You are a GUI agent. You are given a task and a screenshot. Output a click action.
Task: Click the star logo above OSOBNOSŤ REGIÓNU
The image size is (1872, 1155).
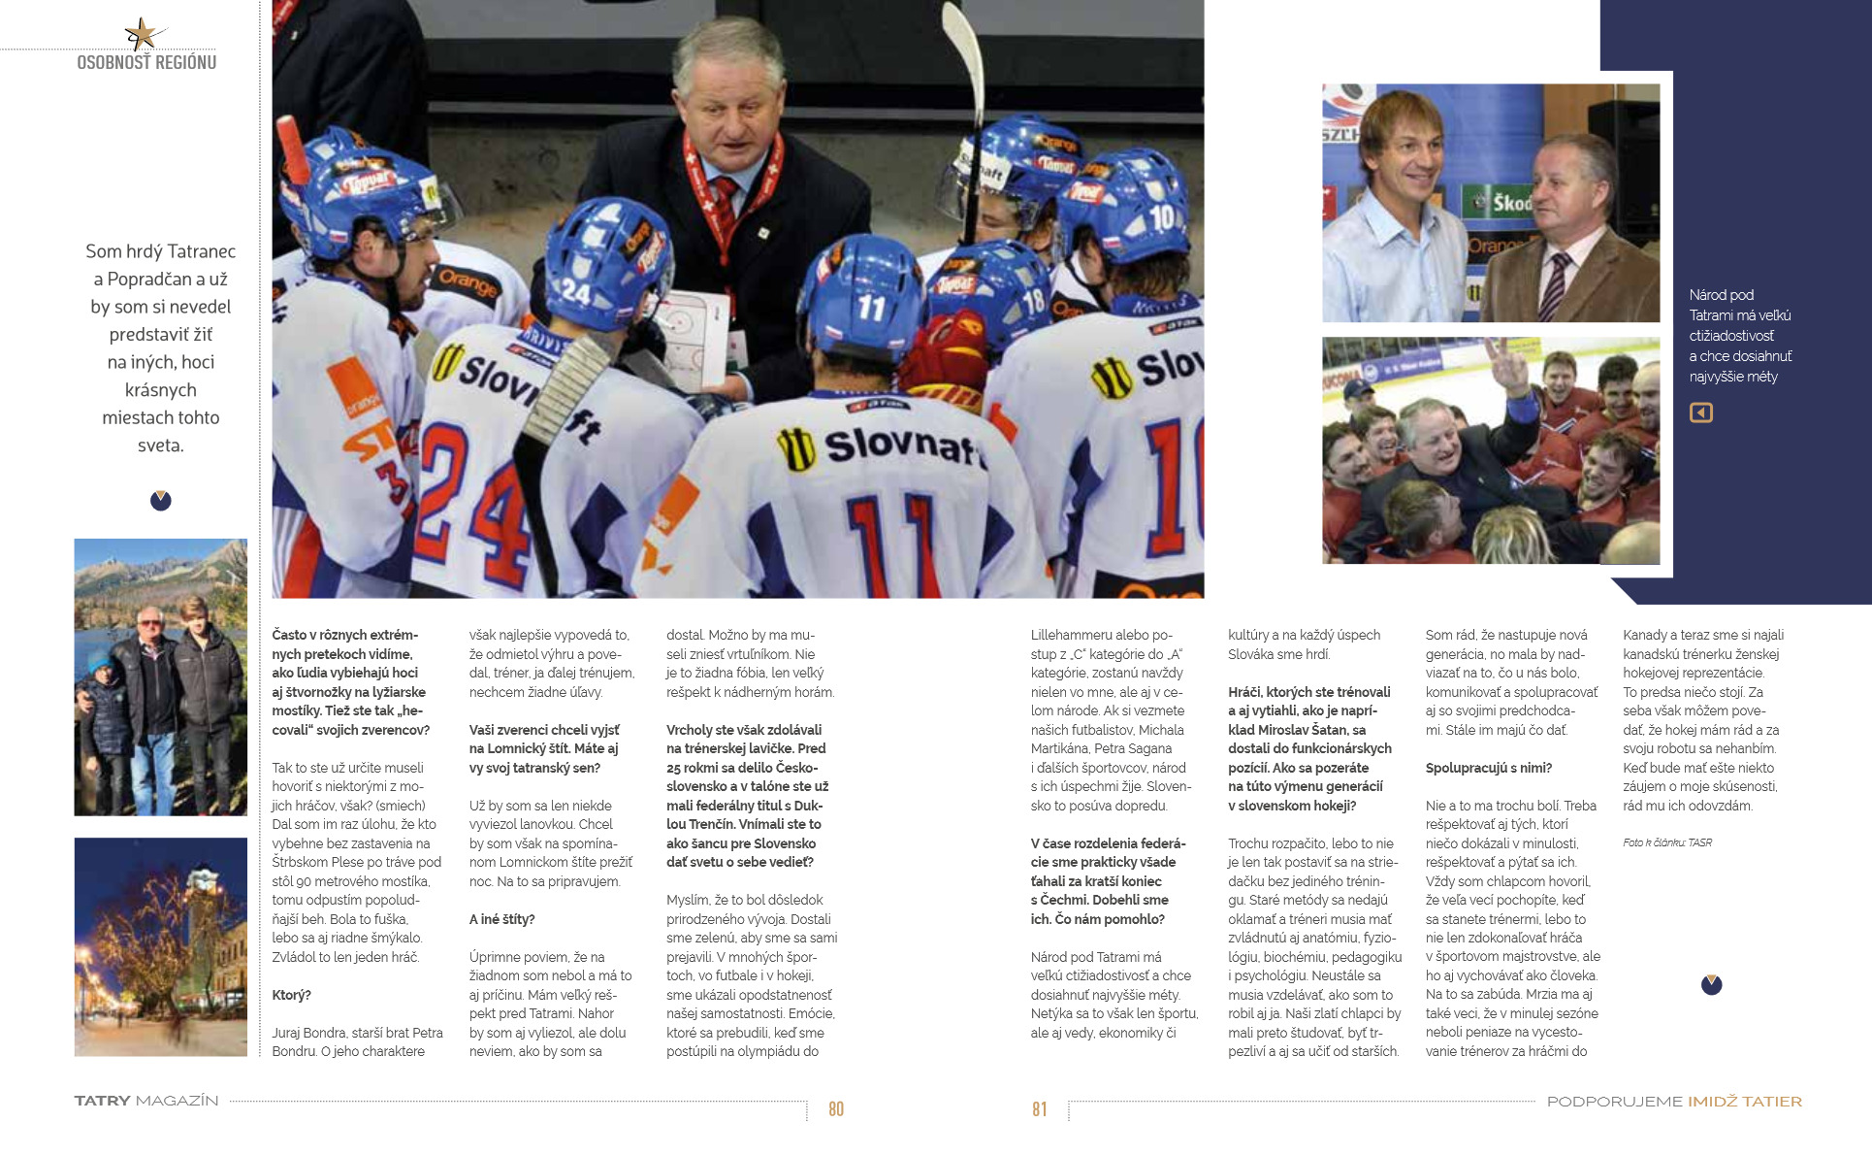(x=142, y=34)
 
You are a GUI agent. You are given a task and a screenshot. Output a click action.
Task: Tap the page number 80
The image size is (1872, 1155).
(x=836, y=1109)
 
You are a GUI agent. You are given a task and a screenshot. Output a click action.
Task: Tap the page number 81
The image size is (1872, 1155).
(x=1039, y=1109)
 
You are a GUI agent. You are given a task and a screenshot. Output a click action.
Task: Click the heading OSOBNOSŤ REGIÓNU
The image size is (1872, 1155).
(x=146, y=63)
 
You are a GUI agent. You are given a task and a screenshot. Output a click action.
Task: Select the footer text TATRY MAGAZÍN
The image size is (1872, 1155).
(x=146, y=1102)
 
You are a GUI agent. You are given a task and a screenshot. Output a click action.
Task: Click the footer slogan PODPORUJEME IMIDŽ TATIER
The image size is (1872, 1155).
(x=1674, y=1102)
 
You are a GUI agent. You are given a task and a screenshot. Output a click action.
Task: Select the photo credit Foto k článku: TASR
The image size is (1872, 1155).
(x=1667, y=842)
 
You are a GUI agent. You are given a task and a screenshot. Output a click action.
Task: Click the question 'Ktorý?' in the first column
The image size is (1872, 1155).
(x=292, y=995)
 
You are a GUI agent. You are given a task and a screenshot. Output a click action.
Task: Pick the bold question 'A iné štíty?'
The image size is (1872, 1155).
(x=502, y=919)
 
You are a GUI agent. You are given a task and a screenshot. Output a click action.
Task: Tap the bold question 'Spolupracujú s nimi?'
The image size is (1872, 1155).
(x=1489, y=768)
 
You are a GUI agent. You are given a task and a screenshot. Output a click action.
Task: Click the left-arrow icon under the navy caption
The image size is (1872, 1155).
(x=1701, y=412)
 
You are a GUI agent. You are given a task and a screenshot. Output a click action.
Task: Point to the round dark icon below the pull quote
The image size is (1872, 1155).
(x=161, y=501)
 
